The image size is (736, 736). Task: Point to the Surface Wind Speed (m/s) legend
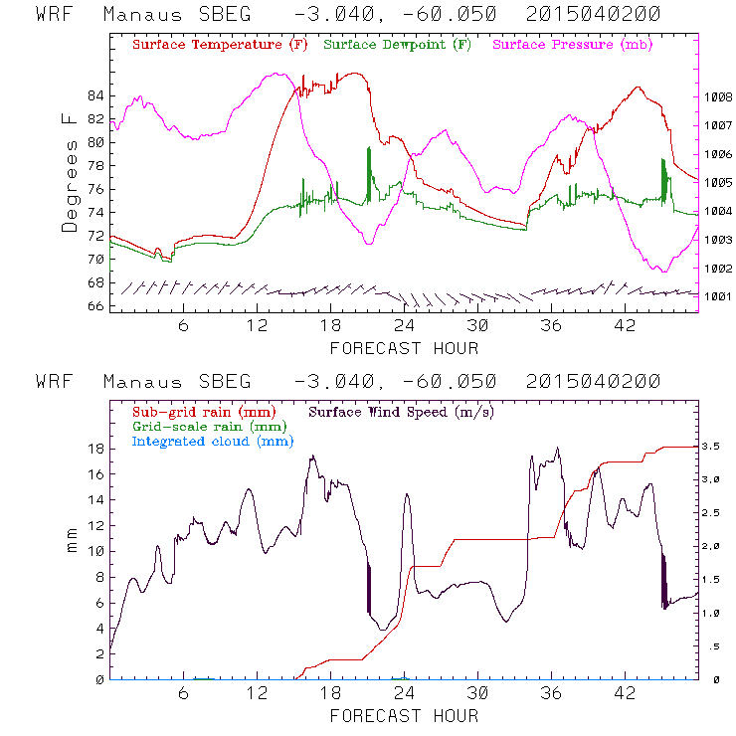point(401,411)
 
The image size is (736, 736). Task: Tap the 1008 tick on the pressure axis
point(719,97)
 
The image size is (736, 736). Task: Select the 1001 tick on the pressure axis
point(719,296)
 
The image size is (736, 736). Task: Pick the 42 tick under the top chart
point(625,326)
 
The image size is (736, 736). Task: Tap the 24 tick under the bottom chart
point(405,693)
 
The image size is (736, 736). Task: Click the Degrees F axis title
point(69,172)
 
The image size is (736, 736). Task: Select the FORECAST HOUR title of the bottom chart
point(404,716)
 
